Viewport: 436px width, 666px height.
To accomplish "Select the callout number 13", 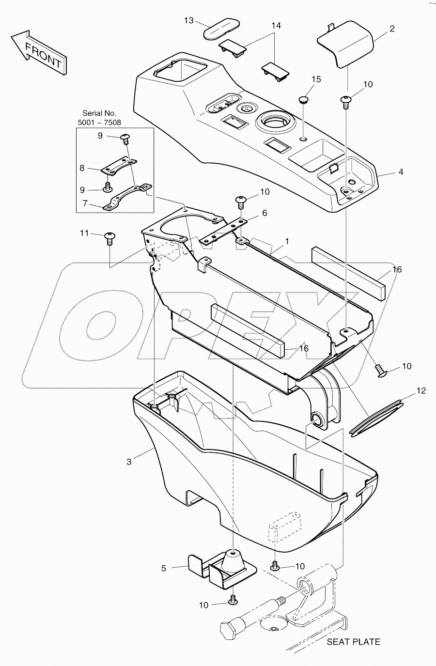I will click(x=189, y=20).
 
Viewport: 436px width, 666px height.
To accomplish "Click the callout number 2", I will click(x=391, y=29).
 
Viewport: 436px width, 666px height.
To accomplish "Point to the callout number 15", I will click(x=316, y=79).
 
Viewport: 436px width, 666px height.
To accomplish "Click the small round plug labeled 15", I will click(x=304, y=100).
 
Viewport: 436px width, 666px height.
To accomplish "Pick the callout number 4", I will click(x=400, y=172).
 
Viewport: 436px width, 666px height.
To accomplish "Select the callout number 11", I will click(x=84, y=233).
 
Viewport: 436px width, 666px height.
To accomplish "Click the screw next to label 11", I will click(x=109, y=237).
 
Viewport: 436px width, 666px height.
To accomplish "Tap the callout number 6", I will click(x=265, y=213).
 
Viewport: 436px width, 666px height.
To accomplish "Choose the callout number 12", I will click(x=421, y=390).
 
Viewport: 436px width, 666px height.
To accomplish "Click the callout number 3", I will click(x=129, y=462).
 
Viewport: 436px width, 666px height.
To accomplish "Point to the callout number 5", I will click(x=164, y=568).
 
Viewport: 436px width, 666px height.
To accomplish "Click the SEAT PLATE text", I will click(x=353, y=642).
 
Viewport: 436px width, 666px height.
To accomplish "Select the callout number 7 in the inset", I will click(x=85, y=203).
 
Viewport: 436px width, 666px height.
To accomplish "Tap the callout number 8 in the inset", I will click(x=82, y=169).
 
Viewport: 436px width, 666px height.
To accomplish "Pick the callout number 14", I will click(x=276, y=25).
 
